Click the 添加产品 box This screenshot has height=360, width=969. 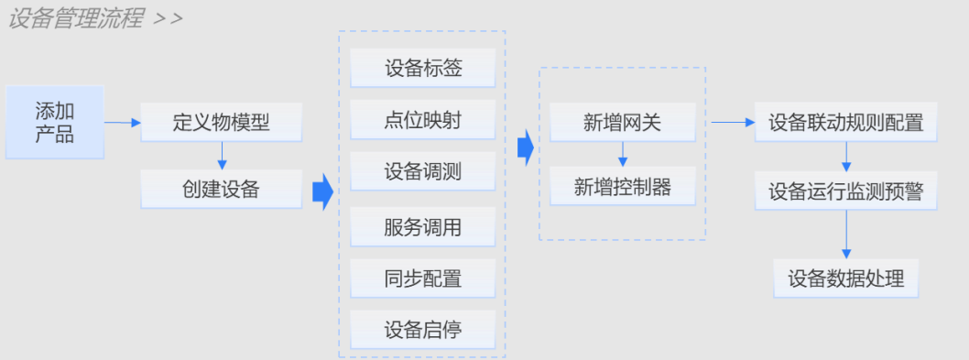click(x=55, y=122)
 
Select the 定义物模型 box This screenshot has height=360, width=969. click(x=221, y=122)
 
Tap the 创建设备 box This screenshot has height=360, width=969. click(x=221, y=189)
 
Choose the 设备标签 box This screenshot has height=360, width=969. click(x=422, y=69)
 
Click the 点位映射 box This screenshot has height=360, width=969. click(x=422, y=120)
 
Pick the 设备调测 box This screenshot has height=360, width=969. click(x=422, y=172)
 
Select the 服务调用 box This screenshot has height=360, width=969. click(x=422, y=226)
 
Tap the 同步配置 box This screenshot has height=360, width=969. click(x=422, y=278)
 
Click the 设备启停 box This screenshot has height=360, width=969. click(x=422, y=330)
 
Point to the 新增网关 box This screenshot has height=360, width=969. click(x=622, y=122)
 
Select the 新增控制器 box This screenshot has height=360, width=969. click(x=622, y=187)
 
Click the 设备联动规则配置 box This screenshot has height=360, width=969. click(x=845, y=122)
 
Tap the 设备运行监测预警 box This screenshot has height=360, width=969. click(x=845, y=191)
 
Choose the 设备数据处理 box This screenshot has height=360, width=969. click(x=845, y=278)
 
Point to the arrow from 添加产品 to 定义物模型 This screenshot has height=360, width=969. click(x=122, y=122)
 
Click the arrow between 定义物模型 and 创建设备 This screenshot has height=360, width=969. click(x=221, y=155)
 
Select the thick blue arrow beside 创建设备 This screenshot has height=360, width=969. click(x=321, y=192)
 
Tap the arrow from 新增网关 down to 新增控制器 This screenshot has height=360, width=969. click(x=623, y=154)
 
